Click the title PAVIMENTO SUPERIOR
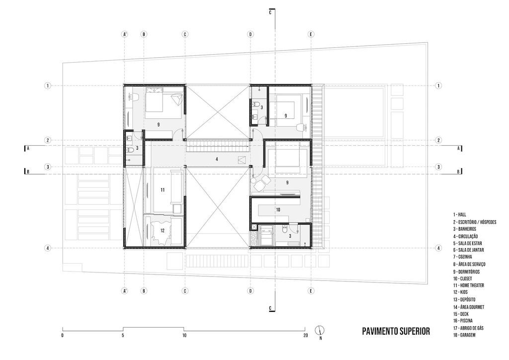pos(396,331)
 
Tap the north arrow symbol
pos(321,330)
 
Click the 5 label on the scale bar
pos(123,336)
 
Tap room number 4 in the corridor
pos(217,160)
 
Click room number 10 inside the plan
pos(278,210)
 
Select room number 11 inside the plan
pos(163,190)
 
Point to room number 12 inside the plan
pos(163,230)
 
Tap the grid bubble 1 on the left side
pos(48,86)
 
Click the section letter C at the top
pos(270,13)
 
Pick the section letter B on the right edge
pos(458,172)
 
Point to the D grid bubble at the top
pos(251,34)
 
